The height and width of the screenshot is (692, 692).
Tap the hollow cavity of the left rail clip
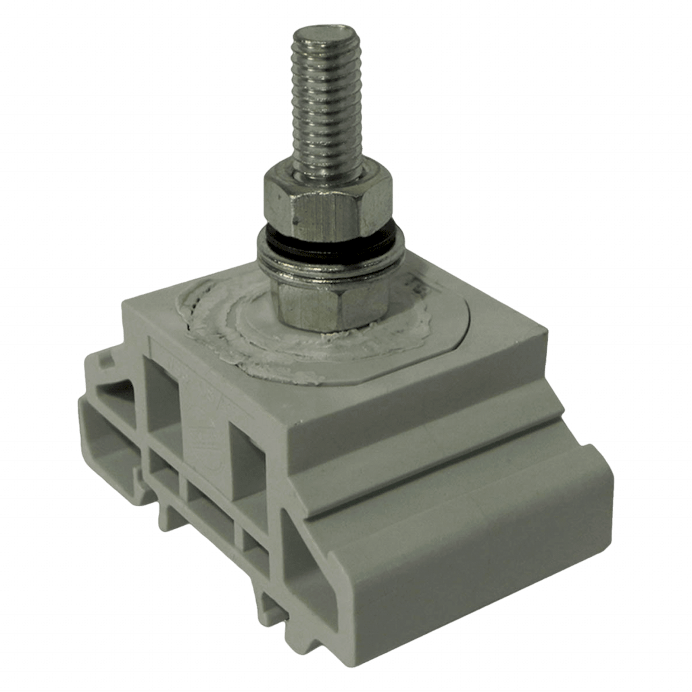[112, 439]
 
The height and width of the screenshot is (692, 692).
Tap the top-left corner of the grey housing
[125, 304]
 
